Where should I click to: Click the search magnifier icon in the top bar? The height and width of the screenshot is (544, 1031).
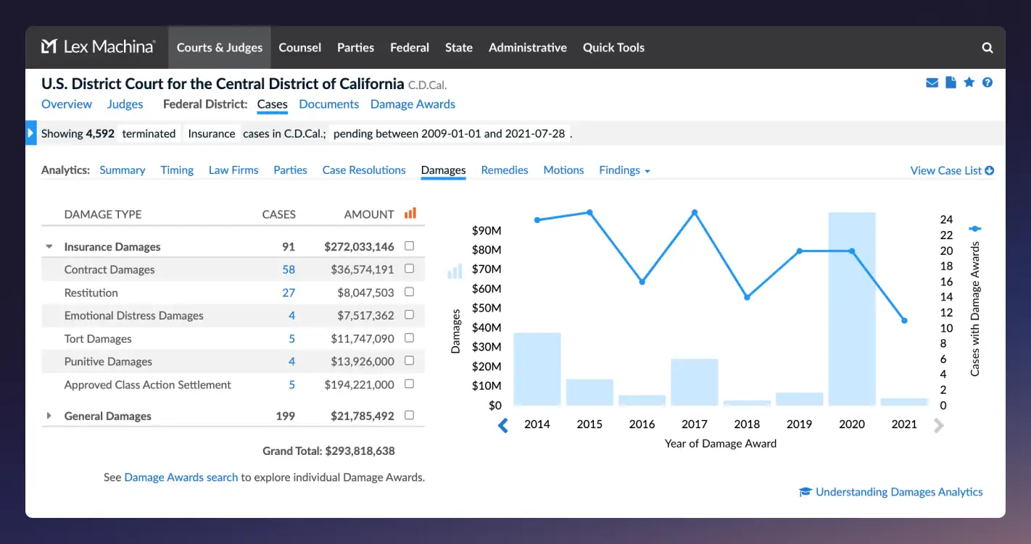click(x=987, y=48)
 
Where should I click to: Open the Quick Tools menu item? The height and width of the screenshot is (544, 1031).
click(x=613, y=48)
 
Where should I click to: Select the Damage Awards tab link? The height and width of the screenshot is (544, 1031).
click(x=413, y=104)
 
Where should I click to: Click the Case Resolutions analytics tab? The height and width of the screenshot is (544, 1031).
click(x=364, y=170)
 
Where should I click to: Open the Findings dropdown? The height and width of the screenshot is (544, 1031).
click(x=624, y=170)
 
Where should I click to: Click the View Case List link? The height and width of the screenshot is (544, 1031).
click(x=951, y=171)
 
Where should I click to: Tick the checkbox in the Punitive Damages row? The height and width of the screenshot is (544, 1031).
click(x=409, y=361)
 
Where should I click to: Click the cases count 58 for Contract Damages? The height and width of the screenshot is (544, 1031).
click(x=289, y=269)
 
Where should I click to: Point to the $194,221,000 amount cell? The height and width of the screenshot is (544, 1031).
click(x=358, y=385)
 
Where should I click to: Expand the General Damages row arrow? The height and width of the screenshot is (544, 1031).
click(x=49, y=416)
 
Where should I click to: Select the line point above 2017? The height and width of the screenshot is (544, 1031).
click(x=694, y=212)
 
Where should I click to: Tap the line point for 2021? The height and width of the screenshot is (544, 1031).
click(x=904, y=320)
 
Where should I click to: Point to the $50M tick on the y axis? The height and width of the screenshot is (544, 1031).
click(x=486, y=308)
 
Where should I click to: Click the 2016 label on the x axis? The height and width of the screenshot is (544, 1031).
click(x=642, y=424)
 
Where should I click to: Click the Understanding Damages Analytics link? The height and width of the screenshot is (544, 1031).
click(x=898, y=492)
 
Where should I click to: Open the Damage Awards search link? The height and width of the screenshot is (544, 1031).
click(x=181, y=477)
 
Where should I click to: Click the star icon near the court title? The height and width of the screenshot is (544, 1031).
click(x=969, y=83)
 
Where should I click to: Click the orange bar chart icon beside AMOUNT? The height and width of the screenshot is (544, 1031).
click(x=410, y=214)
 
